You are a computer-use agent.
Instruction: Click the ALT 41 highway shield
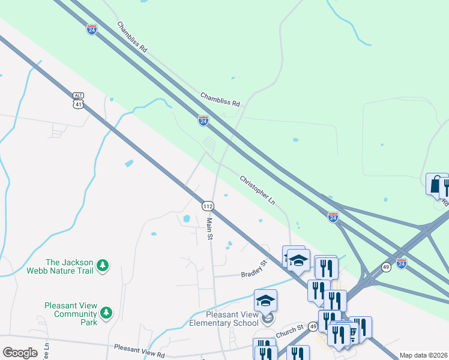tap(78, 100)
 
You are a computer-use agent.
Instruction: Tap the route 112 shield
tap(207, 206)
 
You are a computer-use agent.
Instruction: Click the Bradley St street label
tap(253, 268)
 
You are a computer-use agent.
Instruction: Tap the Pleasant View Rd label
tap(139, 347)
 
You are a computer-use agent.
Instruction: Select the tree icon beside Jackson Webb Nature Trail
tap(103, 265)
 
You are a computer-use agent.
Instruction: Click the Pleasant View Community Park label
tap(71, 313)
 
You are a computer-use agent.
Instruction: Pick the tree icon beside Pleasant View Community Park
tap(106, 312)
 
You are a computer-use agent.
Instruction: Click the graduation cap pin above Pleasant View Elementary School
tap(265, 301)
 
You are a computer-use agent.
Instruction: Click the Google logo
tap(19, 353)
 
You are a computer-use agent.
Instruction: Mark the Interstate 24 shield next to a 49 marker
tap(402, 262)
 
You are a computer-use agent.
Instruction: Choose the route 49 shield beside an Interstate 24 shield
tap(387, 267)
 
